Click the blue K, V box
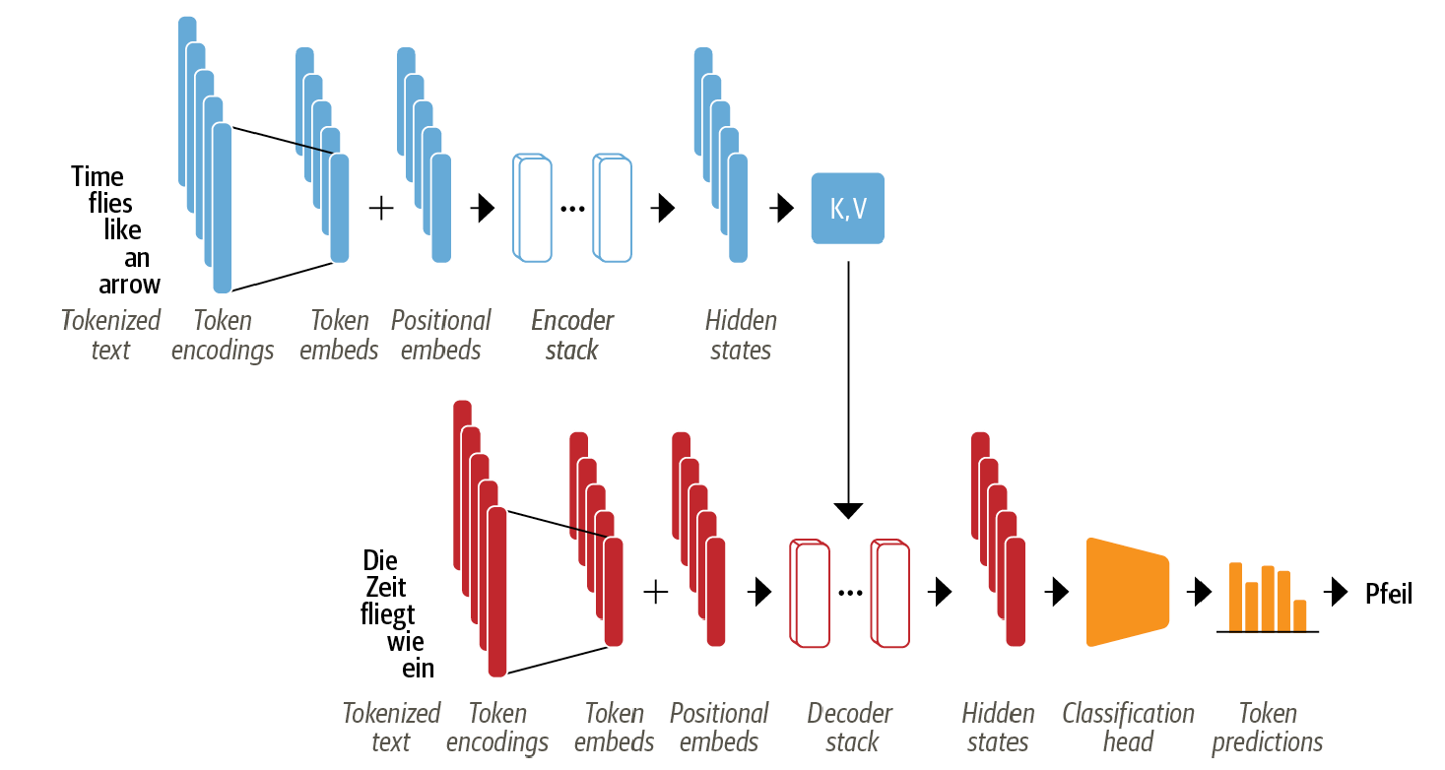(x=848, y=209)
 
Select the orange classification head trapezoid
(x=1127, y=591)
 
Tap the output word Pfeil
(x=1389, y=593)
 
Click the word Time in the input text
(x=98, y=177)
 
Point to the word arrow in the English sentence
(x=129, y=285)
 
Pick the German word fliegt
(x=387, y=615)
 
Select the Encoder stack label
(x=572, y=335)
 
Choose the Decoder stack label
(x=850, y=727)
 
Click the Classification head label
(x=1128, y=727)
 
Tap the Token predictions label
(x=1268, y=727)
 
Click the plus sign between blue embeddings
(x=380, y=208)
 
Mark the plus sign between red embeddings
(x=655, y=591)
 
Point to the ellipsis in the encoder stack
(x=572, y=209)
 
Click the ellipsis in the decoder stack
(x=850, y=593)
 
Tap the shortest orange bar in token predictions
(x=1299, y=614)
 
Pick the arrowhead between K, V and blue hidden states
(x=784, y=208)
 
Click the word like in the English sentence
(x=122, y=230)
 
